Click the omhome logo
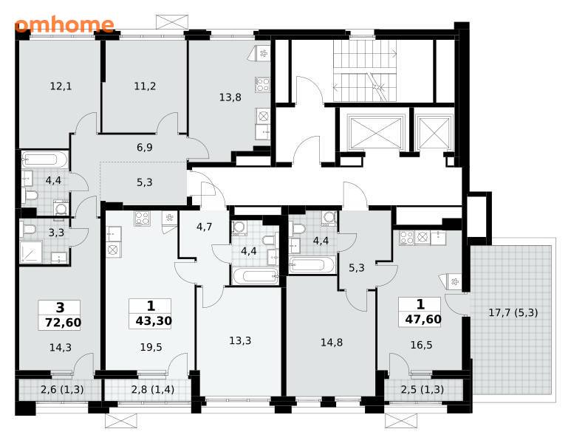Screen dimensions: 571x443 pyautogui.click(x=64, y=24)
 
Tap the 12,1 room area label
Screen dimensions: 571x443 pyautogui.click(x=61, y=86)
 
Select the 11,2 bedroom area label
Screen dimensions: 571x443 pyautogui.click(x=145, y=86)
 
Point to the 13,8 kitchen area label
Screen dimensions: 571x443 pyautogui.click(x=230, y=97)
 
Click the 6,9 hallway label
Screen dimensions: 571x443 pyautogui.click(x=145, y=148)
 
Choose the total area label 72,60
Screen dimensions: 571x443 pyautogui.click(x=63, y=323)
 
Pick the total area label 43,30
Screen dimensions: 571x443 pyautogui.click(x=154, y=321)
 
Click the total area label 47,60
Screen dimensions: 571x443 pyautogui.click(x=423, y=320)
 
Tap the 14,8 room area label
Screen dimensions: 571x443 pyautogui.click(x=332, y=342)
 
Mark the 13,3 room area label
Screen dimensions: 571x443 pyautogui.click(x=240, y=340)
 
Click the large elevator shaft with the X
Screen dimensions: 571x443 pyautogui.click(x=375, y=132)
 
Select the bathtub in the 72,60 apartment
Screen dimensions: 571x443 pyautogui.click(x=45, y=159)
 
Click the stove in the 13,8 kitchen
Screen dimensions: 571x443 pyautogui.click(x=262, y=85)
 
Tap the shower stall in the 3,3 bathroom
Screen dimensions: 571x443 pyautogui.click(x=31, y=253)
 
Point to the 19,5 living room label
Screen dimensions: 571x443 pyautogui.click(x=151, y=347)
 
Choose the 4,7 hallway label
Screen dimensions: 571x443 pyautogui.click(x=204, y=227)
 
